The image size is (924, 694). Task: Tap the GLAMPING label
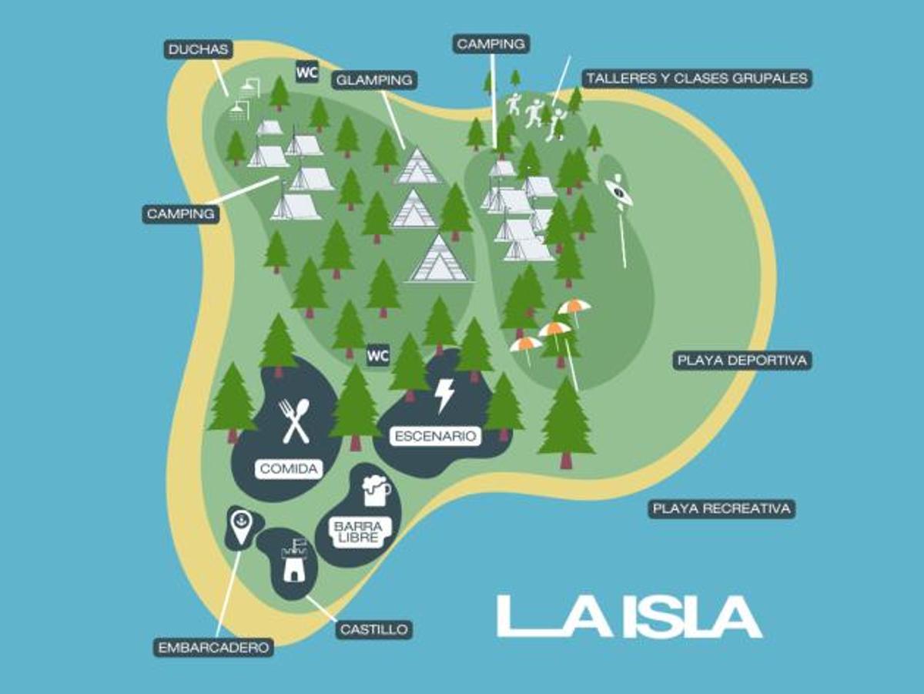[x=374, y=79]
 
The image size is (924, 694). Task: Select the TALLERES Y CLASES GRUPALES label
[x=696, y=78]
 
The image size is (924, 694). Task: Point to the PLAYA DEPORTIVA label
[x=742, y=360]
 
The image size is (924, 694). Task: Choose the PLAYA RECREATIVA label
[x=721, y=508]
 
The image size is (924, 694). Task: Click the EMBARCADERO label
[x=214, y=647]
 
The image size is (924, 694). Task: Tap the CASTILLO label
[x=373, y=629]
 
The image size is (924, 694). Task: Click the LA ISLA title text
[x=629, y=616]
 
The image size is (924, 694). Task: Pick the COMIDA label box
[x=289, y=468]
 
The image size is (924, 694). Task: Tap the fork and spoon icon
[x=295, y=421]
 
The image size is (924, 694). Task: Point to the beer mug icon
[x=375, y=490]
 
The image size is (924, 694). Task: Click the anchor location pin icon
[x=241, y=525]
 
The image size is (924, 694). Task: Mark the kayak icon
[x=618, y=193]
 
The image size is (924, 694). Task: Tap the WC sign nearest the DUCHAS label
[x=306, y=72]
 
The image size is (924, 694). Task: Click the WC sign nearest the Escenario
[x=377, y=356]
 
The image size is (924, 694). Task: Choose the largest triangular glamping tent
[x=439, y=260]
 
